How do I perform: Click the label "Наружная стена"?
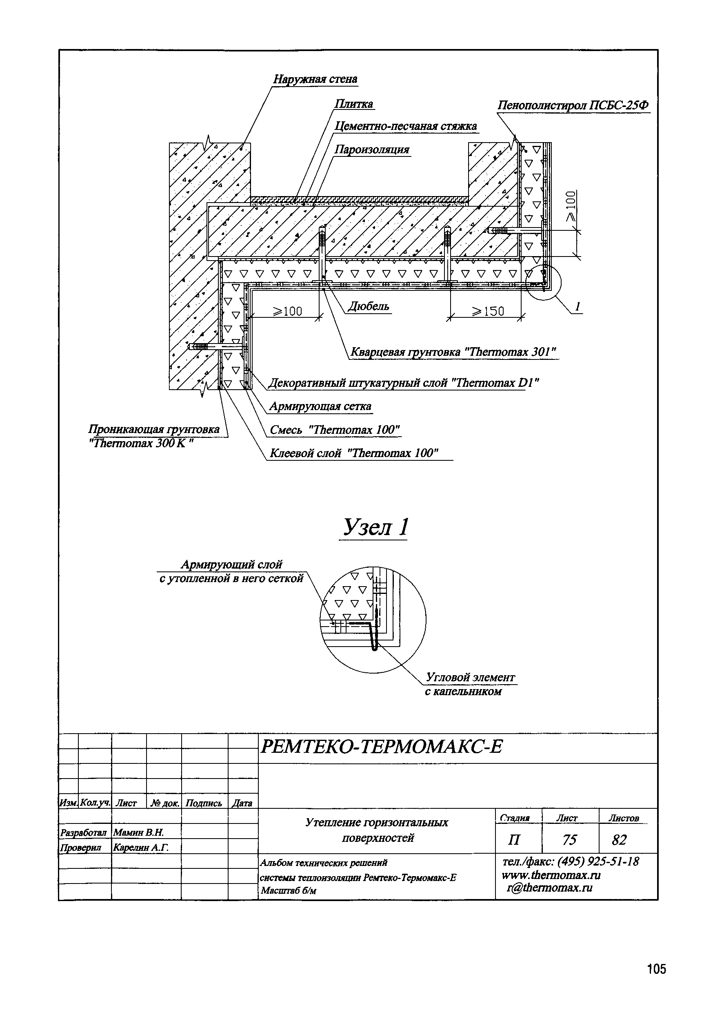click(x=315, y=79)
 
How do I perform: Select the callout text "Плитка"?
click(x=353, y=104)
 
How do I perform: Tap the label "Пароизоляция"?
click(x=372, y=150)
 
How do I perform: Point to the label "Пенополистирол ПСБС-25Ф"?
click(x=573, y=106)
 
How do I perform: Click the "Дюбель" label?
click(x=369, y=307)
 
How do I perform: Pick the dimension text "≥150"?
click(x=488, y=312)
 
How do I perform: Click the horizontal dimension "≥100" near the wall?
click(x=287, y=312)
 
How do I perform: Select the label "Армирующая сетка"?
click(x=320, y=406)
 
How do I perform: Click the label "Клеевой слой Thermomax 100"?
click(x=353, y=453)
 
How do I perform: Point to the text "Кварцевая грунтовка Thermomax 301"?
click(x=453, y=352)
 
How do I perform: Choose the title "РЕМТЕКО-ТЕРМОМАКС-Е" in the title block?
click(x=382, y=747)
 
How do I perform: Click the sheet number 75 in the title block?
click(x=569, y=840)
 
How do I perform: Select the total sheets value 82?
click(x=619, y=840)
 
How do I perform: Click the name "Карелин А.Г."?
click(x=141, y=848)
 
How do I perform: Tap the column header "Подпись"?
click(x=204, y=803)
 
